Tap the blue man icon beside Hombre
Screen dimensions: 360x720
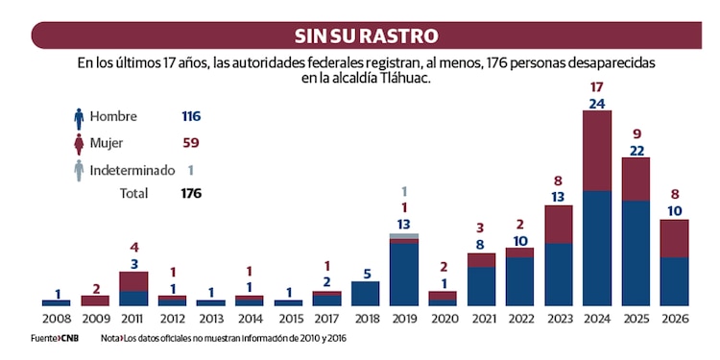click(79, 117)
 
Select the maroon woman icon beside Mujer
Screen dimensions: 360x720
click(79, 144)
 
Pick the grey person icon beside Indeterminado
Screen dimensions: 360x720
click(79, 171)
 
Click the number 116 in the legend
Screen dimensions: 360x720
click(190, 116)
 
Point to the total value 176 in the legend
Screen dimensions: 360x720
click(190, 193)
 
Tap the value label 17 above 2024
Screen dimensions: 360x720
click(597, 87)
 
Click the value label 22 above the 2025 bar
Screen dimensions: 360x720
click(636, 151)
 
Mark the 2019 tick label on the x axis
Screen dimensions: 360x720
click(404, 318)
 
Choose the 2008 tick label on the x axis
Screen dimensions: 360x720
click(57, 318)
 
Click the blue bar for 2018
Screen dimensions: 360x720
click(365, 293)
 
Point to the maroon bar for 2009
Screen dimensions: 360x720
click(95, 300)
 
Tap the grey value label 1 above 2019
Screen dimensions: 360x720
click(404, 191)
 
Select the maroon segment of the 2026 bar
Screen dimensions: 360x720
click(675, 238)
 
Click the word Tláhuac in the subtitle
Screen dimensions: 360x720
click(404, 79)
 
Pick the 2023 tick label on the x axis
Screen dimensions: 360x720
click(559, 318)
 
